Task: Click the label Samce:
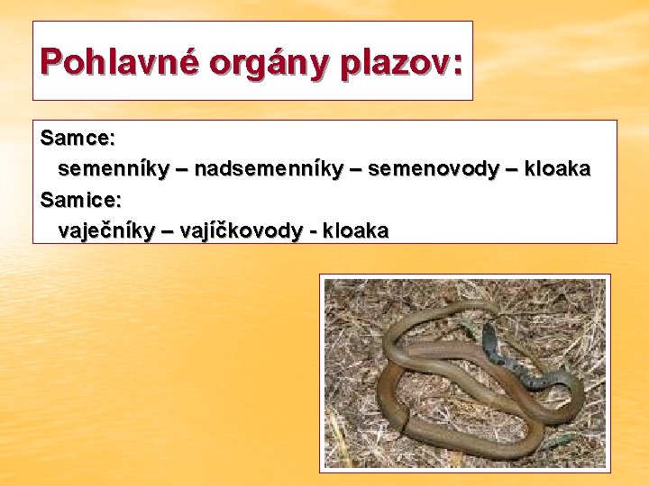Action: [78, 139]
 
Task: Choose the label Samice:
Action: [81, 200]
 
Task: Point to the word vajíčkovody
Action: [242, 230]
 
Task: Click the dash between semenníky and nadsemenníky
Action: [179, 169]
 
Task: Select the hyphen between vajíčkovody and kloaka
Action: [312, 231]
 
